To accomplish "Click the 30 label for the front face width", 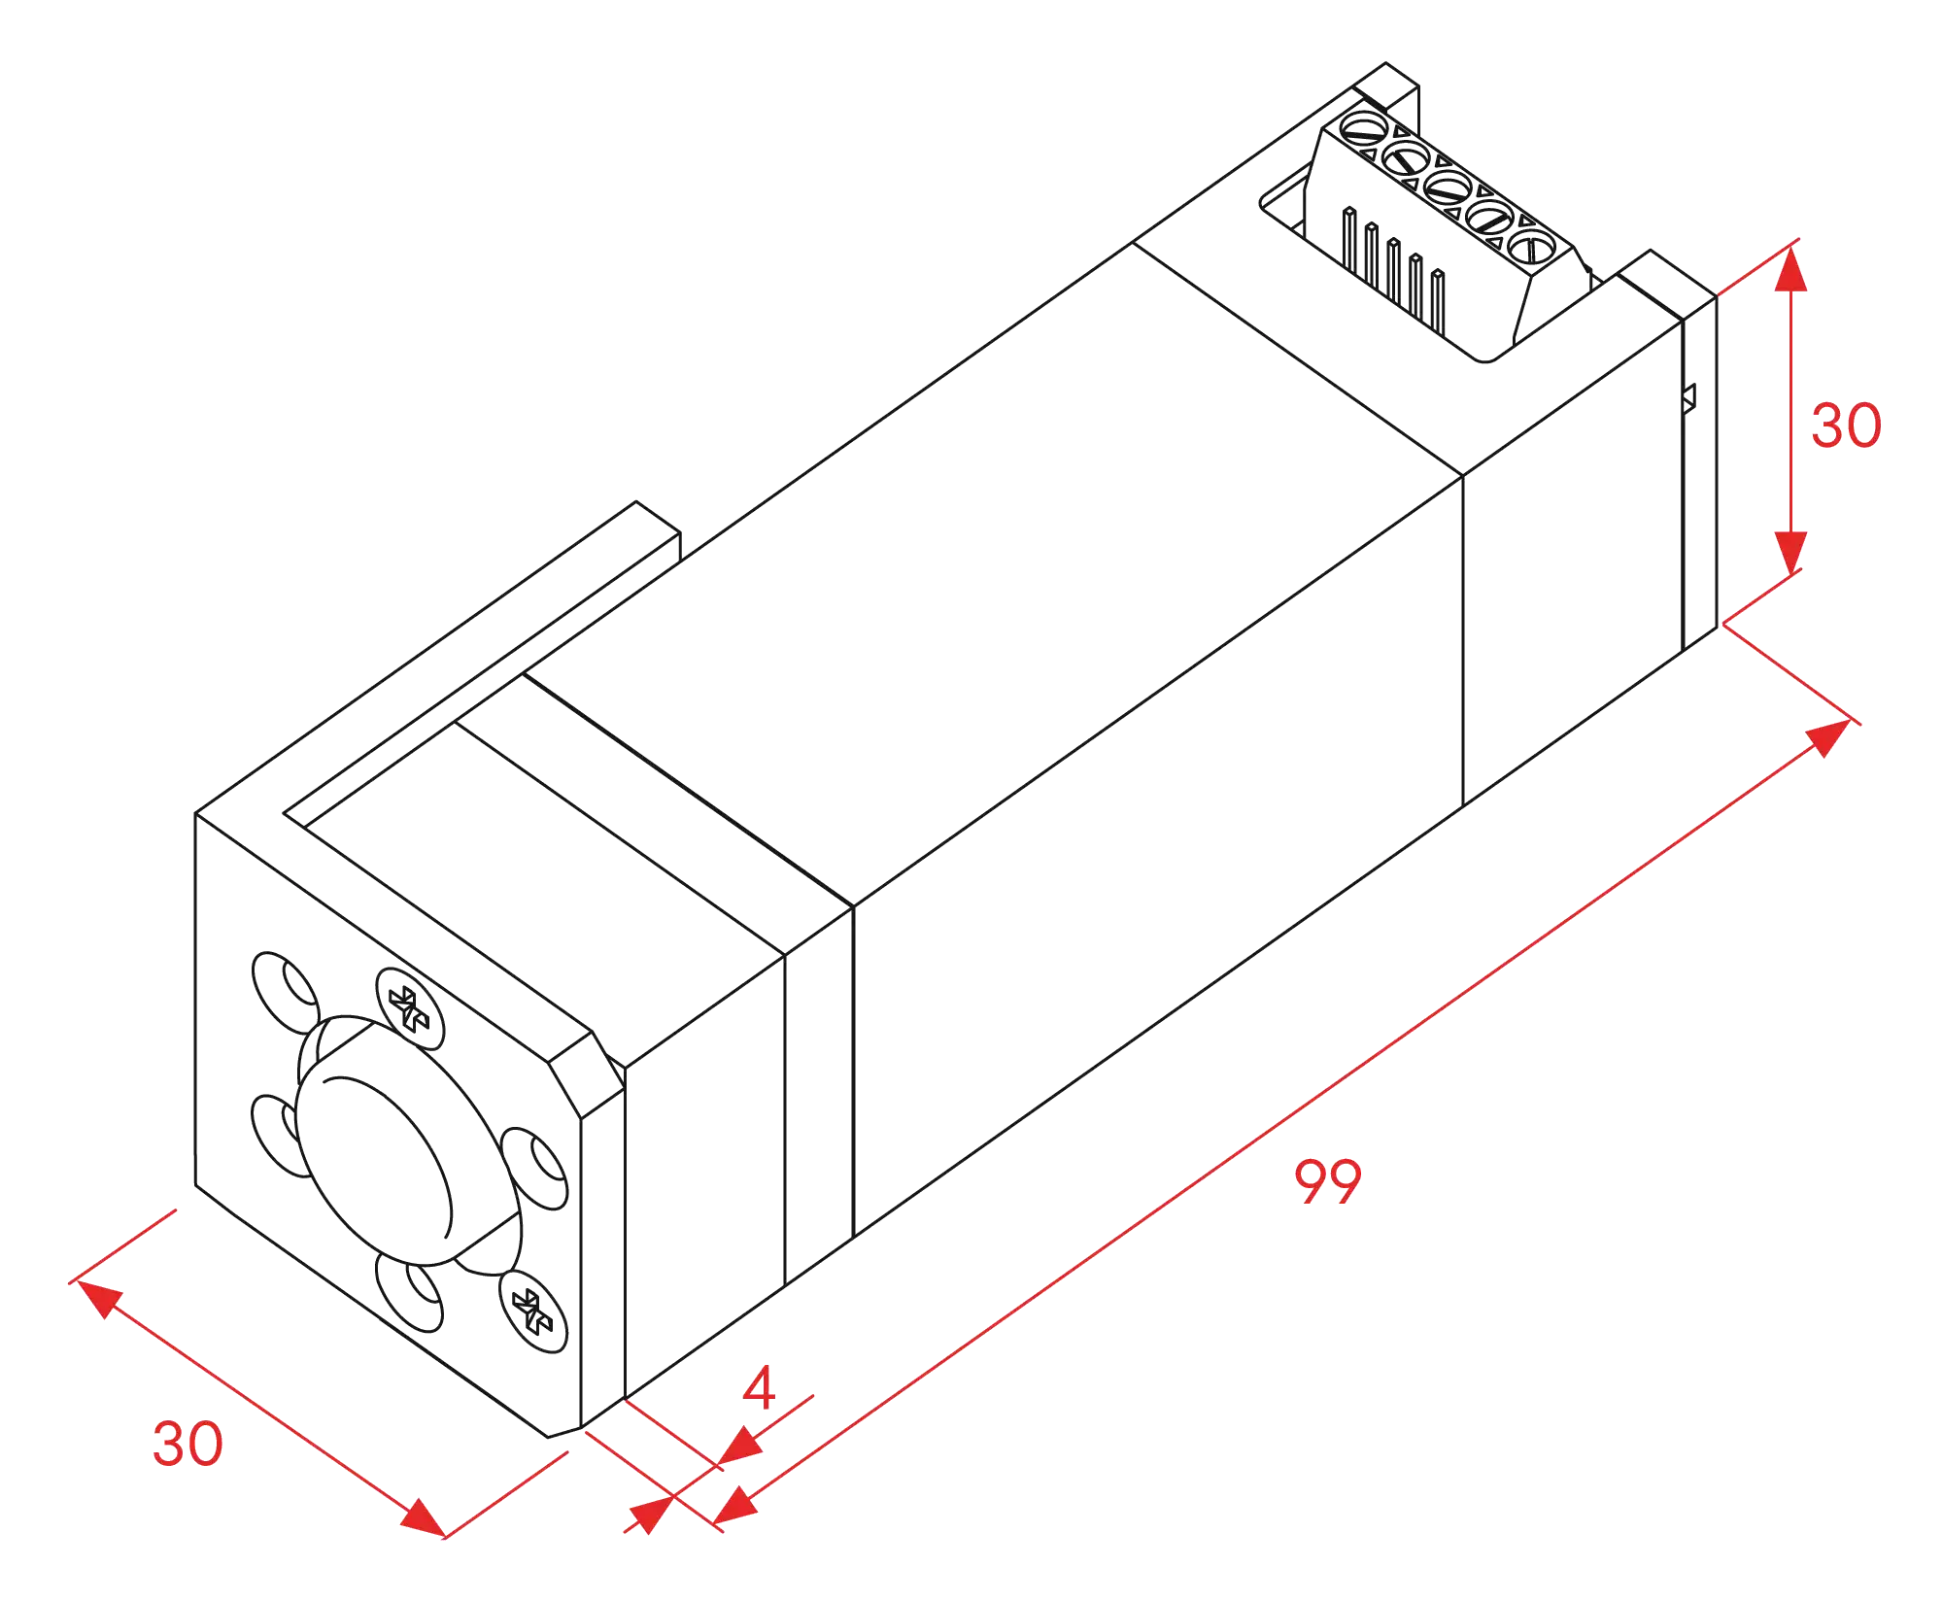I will tap(187, 1444).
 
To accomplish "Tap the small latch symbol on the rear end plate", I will tap(1691, 396).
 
